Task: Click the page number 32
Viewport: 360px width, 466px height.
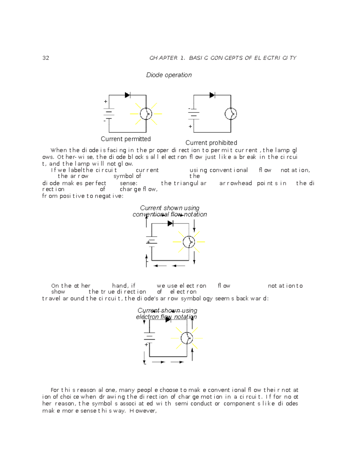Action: [46, 58]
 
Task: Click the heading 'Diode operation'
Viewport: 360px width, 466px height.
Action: [169, 75]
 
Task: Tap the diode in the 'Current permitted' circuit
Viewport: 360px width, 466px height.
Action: [127, 95]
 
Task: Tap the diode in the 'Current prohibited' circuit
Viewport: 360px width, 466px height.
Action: [212, 95]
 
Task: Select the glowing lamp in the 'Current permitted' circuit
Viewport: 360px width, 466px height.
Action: [146, 114]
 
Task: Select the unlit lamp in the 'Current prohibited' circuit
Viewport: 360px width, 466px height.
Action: [231, 114]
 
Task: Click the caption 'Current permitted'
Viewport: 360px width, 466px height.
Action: [126, 139]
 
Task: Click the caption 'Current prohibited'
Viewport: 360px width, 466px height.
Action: [211, 143]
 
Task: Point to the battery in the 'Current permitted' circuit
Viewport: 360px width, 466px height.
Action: [109, 113]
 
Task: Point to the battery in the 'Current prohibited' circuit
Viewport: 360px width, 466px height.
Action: [194, 114]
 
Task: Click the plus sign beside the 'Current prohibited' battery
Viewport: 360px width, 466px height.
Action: [190, 127]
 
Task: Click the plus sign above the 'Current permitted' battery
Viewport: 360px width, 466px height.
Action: [106, 102]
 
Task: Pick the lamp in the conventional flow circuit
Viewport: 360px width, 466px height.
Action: [189, 242]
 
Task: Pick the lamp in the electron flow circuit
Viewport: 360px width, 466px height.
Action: [187, 338]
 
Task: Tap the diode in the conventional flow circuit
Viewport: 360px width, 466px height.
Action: [170, 223]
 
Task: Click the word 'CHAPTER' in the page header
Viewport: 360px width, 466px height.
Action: [163, 58]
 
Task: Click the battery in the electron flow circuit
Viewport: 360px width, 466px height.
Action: [149, 337]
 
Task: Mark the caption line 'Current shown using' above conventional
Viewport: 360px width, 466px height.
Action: [169, 208]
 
